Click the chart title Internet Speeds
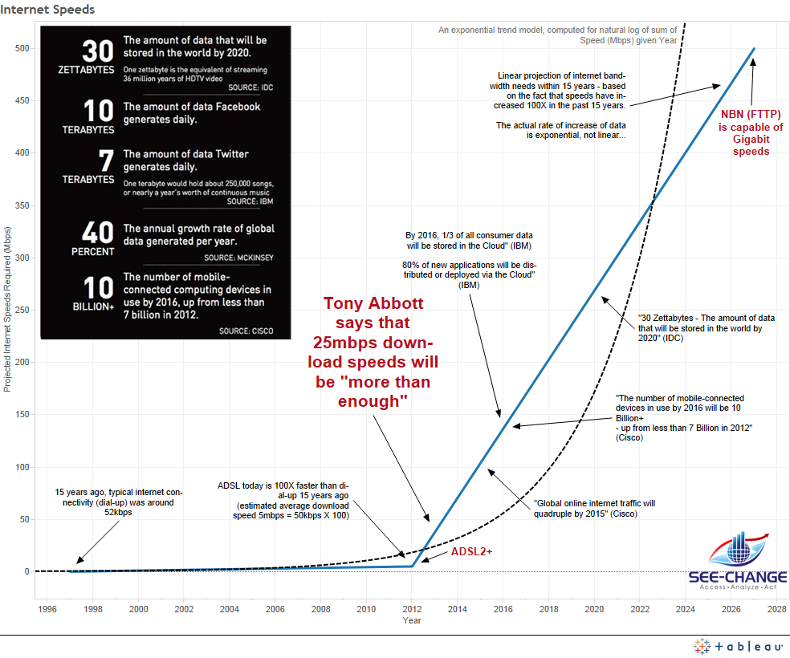[48, 10]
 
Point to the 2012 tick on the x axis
[412, 609]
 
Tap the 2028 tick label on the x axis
[776, 609]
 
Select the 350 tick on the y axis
[21, 205]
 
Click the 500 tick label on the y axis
[21, 48]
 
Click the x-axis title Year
[412, 620]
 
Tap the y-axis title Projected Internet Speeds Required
[7, 309]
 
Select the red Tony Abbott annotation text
[373, 352]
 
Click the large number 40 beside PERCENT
[98, 233]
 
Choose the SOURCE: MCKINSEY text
[238, 258]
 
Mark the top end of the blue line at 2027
[754, 49]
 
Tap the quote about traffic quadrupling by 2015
[595, 509]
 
